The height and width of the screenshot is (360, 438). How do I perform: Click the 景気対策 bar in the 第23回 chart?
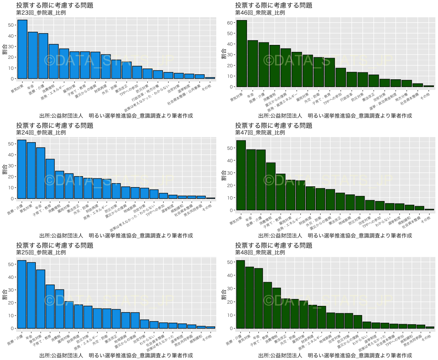[x=23, y=49]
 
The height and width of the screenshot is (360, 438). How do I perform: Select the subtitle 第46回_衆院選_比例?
[x=260, y=13]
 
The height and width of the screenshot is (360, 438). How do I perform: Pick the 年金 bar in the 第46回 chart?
[x=252, y=64]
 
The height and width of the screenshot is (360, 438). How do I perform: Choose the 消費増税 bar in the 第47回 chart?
[x=271, y=186]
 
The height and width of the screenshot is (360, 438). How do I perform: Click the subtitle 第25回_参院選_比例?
[x=41, y=253]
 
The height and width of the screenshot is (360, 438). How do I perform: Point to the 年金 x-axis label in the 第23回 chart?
[x=31, y=84]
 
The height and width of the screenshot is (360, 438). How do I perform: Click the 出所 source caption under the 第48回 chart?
[x=335, y=355]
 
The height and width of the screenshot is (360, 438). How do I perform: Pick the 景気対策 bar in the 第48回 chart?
[x=250, y=298]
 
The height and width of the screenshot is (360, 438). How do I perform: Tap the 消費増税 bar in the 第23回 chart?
[x=54, y=61]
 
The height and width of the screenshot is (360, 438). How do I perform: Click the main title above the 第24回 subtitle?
[x=55, y=125]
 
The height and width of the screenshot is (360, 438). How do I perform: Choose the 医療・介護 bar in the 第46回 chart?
[x=263, y=65]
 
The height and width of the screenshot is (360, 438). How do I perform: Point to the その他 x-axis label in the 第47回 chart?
[x=426, y=219]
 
